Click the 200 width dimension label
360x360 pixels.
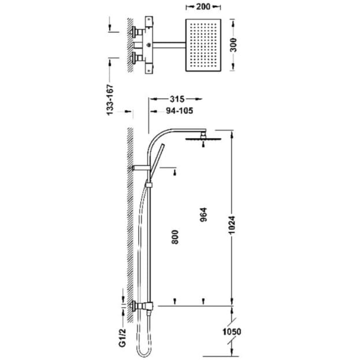coord(203,7)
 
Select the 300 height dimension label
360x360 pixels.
coord(233,45)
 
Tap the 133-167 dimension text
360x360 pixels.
coord(110,100)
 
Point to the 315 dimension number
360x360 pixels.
coord(177,99)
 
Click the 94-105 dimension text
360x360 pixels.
coord(179,111)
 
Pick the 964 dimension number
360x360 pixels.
coord(203,214)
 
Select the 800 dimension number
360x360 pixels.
coord(175,237)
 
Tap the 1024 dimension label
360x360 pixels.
coord(232,225)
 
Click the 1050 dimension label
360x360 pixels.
coord(232,332)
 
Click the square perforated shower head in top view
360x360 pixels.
coord(203,45)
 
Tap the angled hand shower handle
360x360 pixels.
coord(157,162)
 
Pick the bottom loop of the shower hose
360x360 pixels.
coord(144,352)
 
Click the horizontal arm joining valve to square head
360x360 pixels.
coord(169,45)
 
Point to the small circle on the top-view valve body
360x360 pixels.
coord(149,45)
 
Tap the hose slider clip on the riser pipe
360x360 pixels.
coord(149,184)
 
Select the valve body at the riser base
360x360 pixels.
coord(147,306)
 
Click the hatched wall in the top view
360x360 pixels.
coord(131,45)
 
